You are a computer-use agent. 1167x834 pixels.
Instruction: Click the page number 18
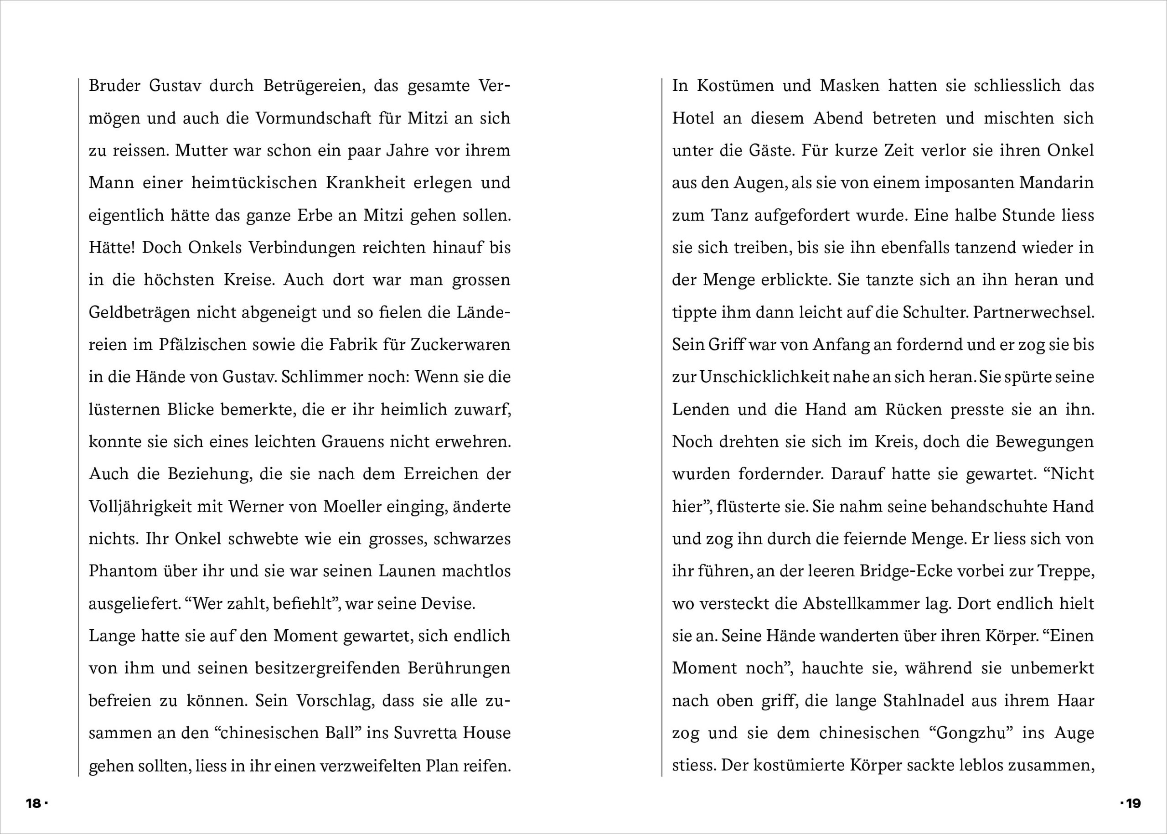(33, 803)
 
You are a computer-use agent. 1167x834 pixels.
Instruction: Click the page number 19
(1133, 803)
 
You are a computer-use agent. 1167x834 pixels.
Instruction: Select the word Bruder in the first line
(114, 85)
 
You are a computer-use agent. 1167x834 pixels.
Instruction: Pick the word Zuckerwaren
(460, 344)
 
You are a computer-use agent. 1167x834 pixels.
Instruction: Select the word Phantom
(123, 571)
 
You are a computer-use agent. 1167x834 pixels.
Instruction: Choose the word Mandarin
(1057, 183)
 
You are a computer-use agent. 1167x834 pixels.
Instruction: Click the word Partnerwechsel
(1033, 312)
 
